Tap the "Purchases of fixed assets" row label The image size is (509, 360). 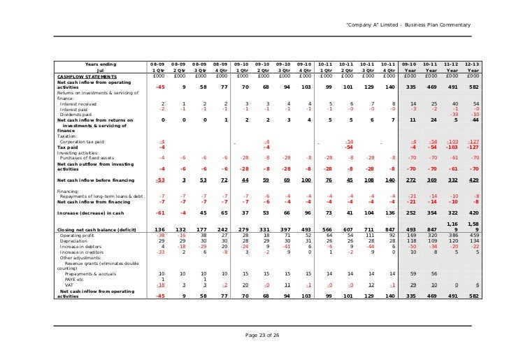[90, 158]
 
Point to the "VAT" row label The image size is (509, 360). [69, 285]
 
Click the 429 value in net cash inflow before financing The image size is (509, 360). [474, 180]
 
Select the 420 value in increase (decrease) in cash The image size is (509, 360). [474, 212]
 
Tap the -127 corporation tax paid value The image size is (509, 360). [473, 142]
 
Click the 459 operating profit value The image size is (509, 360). [474, 235]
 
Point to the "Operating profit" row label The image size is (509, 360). [77, 235]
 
